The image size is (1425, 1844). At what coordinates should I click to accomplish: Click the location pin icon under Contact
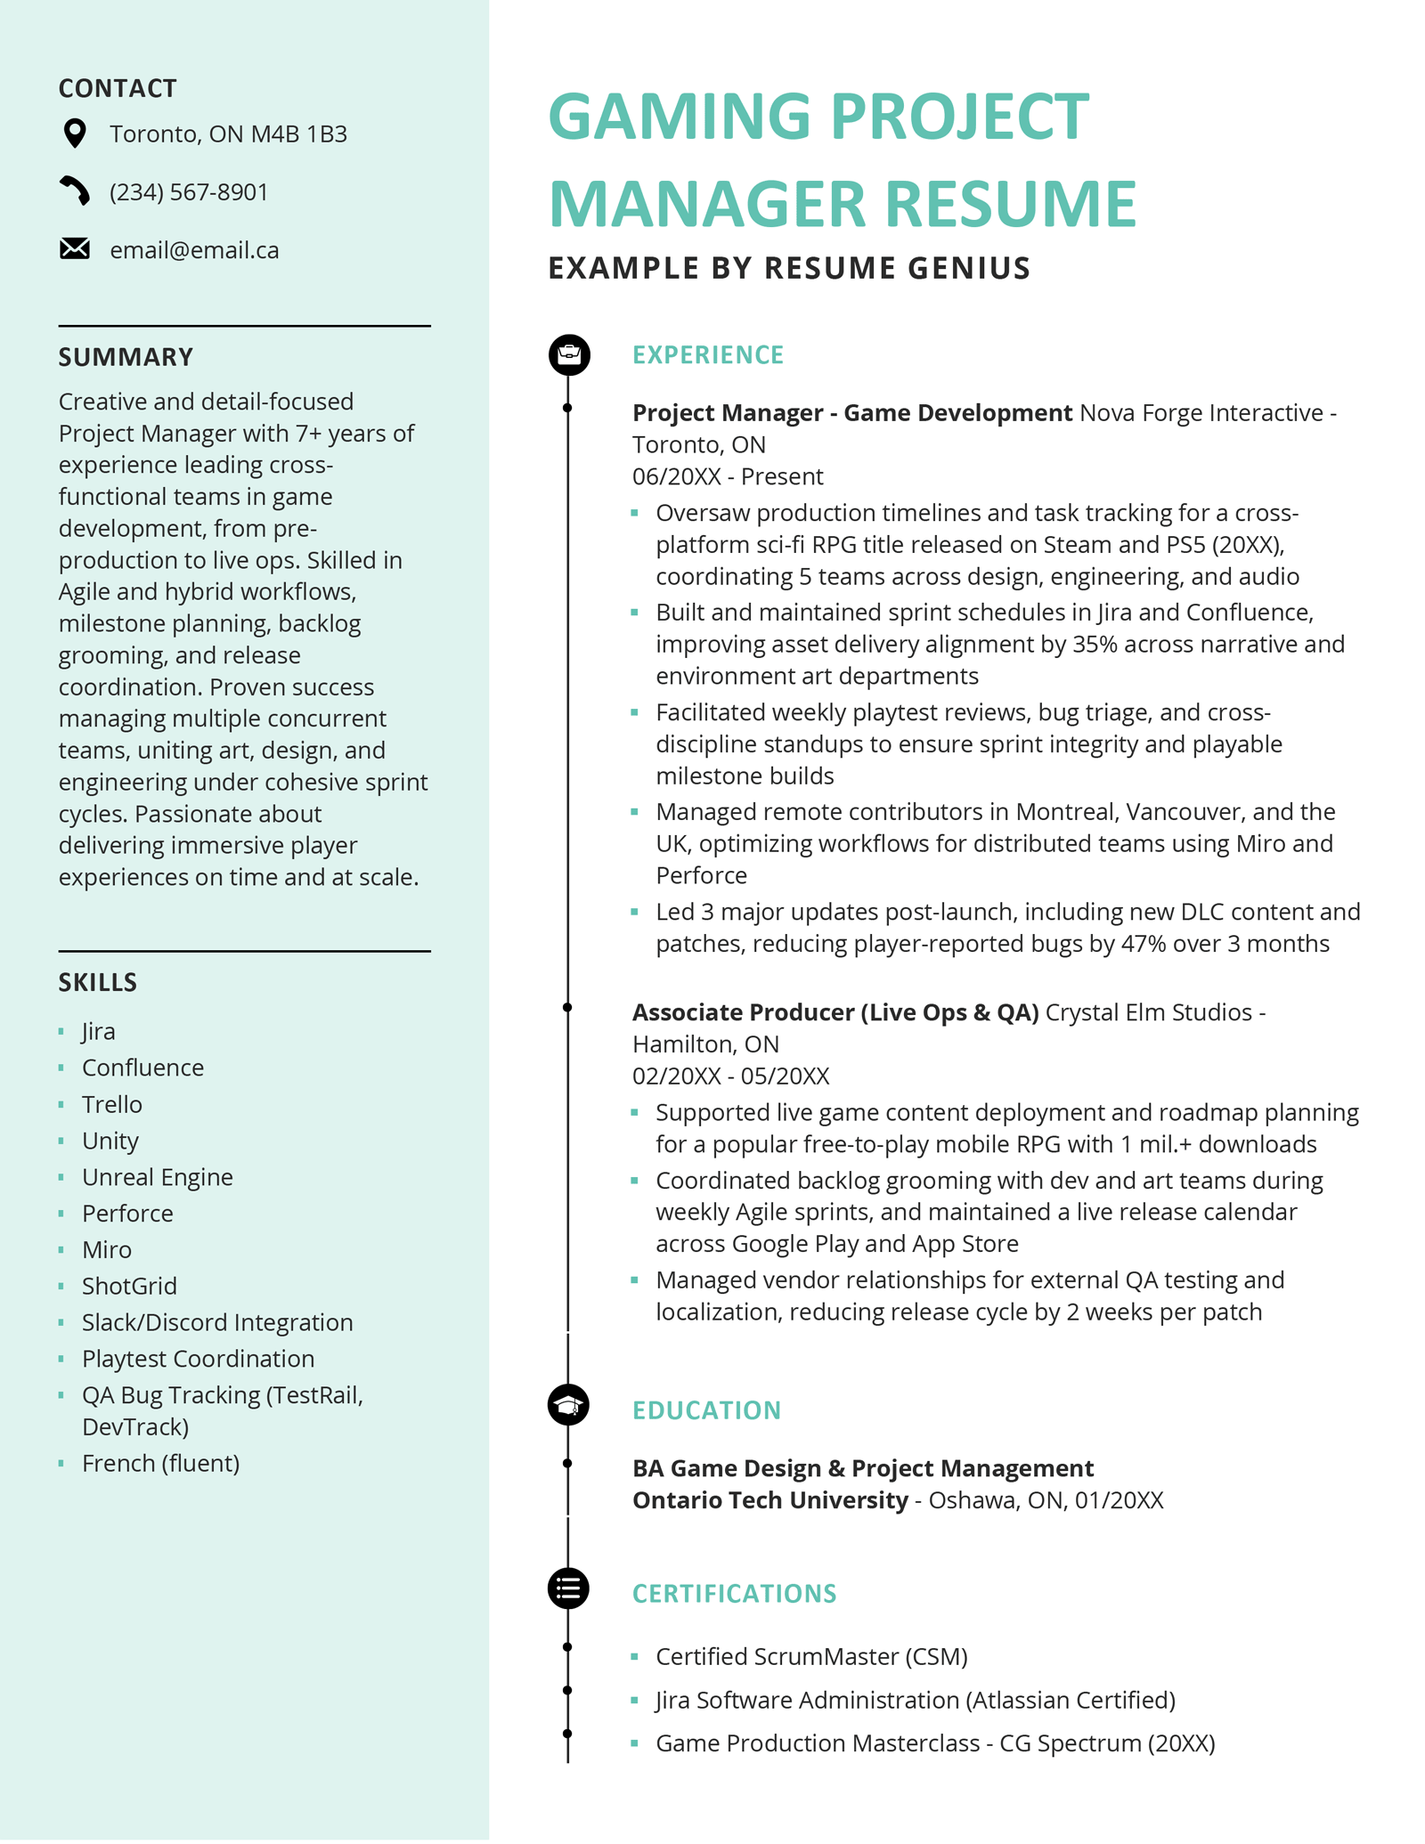click(x=76, y=134)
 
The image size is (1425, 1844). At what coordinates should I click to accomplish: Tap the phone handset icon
click(x=75, y=191)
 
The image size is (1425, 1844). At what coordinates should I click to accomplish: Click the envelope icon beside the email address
click(x=75, y=249)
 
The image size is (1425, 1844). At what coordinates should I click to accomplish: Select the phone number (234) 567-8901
click(x=189, y=192)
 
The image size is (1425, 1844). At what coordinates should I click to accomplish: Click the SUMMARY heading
click(x=126, y=357)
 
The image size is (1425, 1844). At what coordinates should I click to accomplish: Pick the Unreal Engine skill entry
click(x=157, y=1177)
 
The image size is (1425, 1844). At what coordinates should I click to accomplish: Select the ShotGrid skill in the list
click(x=129, y=1286)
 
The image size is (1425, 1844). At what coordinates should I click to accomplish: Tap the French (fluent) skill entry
click(x=160, y=1463)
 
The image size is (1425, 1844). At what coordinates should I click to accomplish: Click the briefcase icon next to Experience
click(x=569, y=354)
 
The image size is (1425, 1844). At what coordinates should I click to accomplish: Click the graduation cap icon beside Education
click(x=568, y=1406)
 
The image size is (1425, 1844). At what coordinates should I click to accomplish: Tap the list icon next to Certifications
click(x=568, y=1588)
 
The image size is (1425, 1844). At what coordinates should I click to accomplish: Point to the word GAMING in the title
click(x=680, y=117)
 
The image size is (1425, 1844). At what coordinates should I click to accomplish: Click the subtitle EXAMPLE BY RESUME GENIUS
click(x=789, y=268)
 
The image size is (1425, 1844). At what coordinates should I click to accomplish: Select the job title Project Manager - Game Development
click(x=851, y=413)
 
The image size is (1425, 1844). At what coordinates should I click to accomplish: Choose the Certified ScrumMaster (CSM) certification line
click(x=811, y=1657)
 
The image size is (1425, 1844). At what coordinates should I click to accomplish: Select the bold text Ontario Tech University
click(x=769, y=1500)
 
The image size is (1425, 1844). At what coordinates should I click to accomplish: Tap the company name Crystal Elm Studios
click(x=1148, y=1013)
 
